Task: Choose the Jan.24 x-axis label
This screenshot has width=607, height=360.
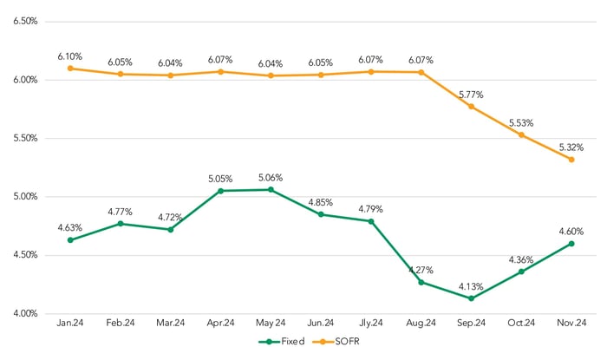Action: click(x=70, y=324)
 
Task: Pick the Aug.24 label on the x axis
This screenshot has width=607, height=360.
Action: click(x=421, y=324)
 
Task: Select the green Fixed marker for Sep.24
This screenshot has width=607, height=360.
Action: click(x=471, y=298)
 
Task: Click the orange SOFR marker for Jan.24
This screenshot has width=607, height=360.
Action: click(x=70, y=68)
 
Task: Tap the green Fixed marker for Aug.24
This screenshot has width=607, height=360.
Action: click(x=421, y=282)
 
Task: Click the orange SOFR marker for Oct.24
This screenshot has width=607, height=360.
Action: click(x=521, y=134)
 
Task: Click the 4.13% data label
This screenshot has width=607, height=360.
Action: click(x=471, y=285)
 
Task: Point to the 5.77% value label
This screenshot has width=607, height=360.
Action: click(x=471, y=94)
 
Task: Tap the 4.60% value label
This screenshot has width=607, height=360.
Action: click(x=571, y=231)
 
